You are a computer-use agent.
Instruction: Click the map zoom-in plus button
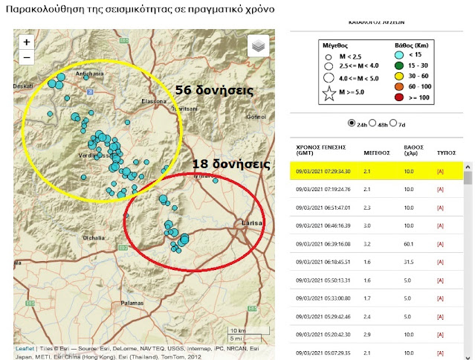click(x=27, y=42)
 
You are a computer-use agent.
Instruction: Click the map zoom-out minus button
click(x=27, y=57)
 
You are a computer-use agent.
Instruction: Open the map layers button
click(x=258, y=46)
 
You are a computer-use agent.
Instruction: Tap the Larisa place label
click(x=253, y=222)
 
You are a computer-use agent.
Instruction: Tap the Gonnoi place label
click(x=256, y=117)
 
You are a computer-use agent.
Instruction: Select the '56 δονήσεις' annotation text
click(x=214, y=90)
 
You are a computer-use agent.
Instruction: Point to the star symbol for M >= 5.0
click(x=327, y=94)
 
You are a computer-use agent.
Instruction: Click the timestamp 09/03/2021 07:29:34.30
click(x=323, y=172)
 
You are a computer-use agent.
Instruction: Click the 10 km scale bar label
click(x=239, y=330)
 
